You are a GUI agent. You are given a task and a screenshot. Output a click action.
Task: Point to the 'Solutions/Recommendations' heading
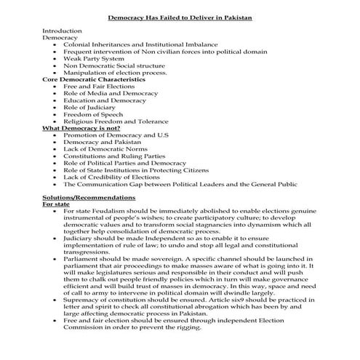[88, 197]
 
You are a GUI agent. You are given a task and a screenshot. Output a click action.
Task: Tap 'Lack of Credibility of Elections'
[112, 177]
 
